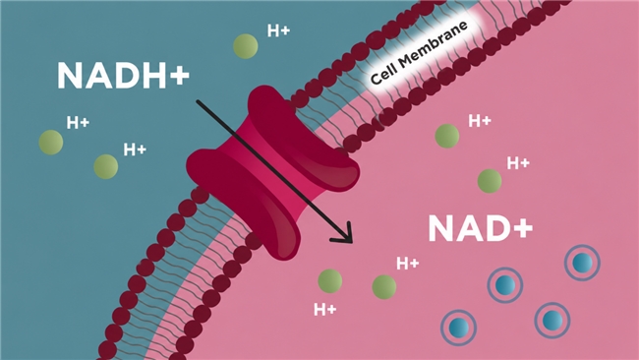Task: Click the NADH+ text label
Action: [x=123, y=76]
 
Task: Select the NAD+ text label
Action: [x=481, y=229]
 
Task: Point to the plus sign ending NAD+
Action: [x=522, y=228]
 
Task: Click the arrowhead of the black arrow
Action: [x=344, y=234]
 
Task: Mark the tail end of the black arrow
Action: [x=198, y=100]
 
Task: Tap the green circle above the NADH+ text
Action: [x=246, y=46]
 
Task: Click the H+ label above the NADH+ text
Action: [x=278, y=30]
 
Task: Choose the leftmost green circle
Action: [x=51, y=143]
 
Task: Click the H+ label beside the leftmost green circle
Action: [x=78, y=122]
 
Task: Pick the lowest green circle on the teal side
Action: [x=106, y=167]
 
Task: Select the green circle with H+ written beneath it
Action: [x=329, y=281]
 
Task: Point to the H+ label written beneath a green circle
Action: [x=325, y=310]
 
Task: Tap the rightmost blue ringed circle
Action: [x=582, y=263]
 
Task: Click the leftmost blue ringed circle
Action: [x=459, y=328]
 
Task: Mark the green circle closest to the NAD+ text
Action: [x=490, y=181]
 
